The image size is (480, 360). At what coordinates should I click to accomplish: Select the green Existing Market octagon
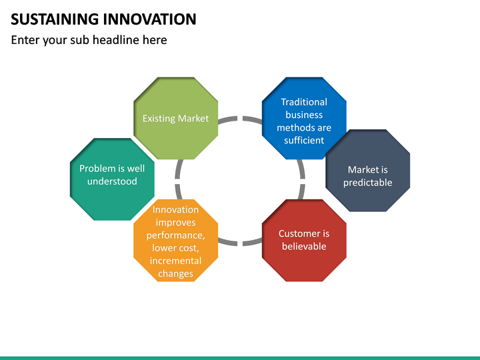coord(175,118)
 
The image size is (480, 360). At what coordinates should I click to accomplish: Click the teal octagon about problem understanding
coord(112,179)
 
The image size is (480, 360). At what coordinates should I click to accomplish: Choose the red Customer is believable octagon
coord(304,240)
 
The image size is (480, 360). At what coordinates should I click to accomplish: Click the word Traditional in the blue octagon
coord(304,102)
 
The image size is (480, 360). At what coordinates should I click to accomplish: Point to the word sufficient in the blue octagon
coord(304,140)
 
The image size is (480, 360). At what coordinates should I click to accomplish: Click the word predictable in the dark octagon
coord(367,183)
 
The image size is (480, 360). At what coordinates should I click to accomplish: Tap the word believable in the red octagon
coord(304,247)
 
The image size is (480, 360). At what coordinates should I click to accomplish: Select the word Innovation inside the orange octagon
coord(175,210)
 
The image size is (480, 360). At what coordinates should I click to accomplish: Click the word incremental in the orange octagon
coord(175,261)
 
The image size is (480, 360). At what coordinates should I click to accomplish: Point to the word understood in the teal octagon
coord(112,181)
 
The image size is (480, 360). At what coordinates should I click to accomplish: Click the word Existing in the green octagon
coord(158,119)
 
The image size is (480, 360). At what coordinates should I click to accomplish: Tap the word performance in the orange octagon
coord(175,235)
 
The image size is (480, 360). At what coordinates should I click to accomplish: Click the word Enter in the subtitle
coord(25,40)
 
